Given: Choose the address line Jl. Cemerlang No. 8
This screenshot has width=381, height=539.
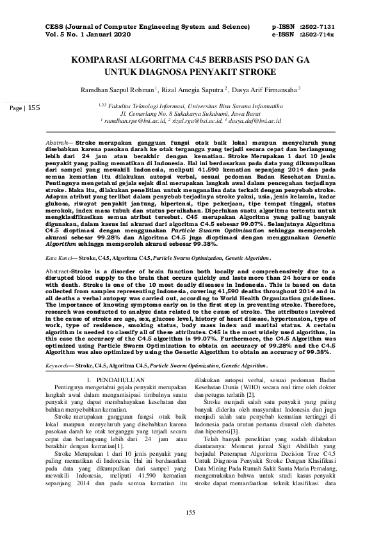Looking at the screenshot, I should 190,112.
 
